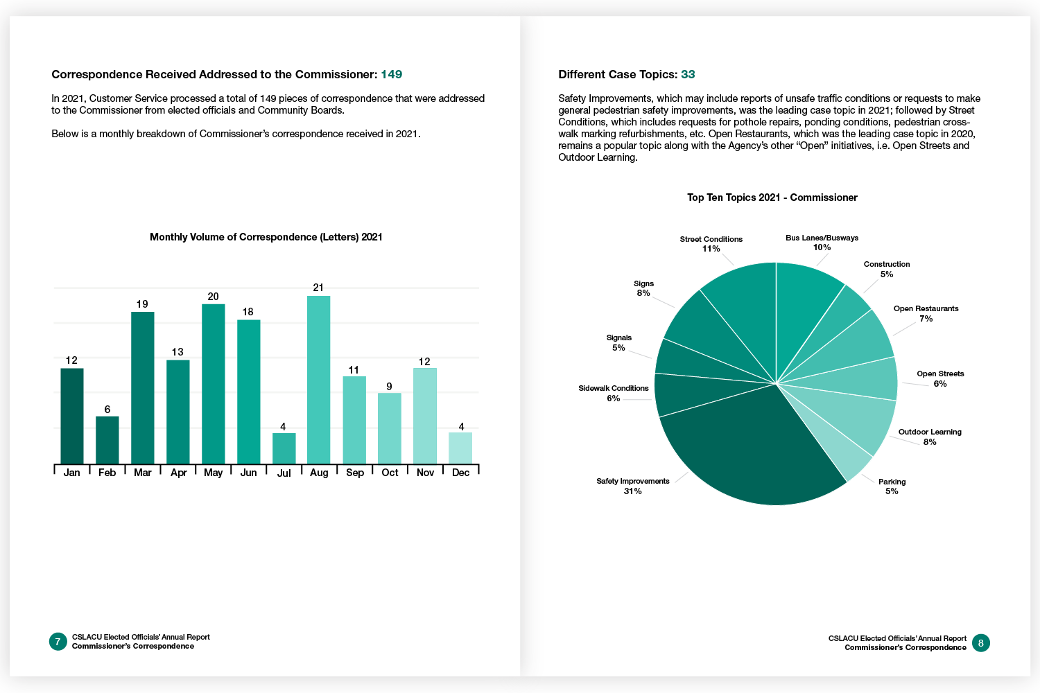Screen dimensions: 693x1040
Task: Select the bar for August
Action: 318,380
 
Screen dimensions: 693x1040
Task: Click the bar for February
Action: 107,440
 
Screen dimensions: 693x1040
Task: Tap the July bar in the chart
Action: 284,448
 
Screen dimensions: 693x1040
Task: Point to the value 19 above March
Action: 142,304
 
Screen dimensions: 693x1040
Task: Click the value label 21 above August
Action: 318,288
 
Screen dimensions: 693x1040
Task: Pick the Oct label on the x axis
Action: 390,473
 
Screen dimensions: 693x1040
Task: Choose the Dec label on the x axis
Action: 460,473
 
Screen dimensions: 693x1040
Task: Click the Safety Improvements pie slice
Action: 742,450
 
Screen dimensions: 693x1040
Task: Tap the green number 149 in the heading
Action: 391,74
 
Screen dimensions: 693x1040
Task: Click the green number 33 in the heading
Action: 688,74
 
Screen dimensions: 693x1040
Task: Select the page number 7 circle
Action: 58,642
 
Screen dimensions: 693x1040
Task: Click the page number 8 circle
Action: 980,643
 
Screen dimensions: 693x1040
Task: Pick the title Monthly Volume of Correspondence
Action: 266,237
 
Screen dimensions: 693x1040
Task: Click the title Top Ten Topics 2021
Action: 772,198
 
